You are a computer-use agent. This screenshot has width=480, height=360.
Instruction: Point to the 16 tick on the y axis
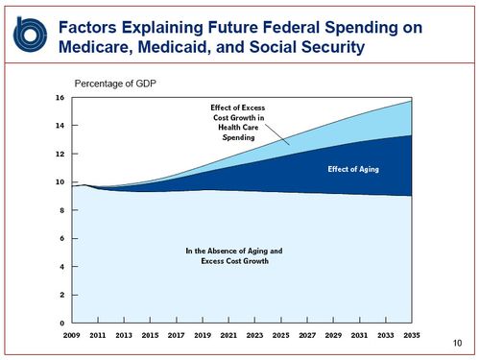tap(59, 98)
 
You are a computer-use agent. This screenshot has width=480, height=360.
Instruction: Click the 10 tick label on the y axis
tap(59, 182)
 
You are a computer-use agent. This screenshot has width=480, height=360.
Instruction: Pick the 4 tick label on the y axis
tap(60, 267)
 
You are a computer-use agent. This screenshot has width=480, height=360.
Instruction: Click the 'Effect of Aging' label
tap(347, 169)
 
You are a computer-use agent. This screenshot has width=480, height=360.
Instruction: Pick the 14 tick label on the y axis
tap(59, 126)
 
